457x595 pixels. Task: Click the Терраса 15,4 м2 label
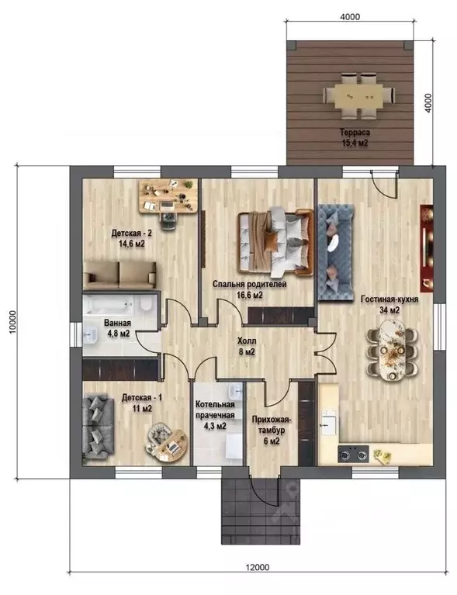point(355,138)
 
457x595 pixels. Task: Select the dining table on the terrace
point(358,95)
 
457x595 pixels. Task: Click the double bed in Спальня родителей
point(275,242)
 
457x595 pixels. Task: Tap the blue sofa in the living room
point(335,252)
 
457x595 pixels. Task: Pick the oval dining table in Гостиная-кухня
point(392,350)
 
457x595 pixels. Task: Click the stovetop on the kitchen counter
point(353,454)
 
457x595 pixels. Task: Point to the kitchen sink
point(329,422)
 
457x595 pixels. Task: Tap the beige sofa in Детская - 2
point(120,275)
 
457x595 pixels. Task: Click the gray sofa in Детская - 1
point(98,427)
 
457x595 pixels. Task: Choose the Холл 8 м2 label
point(247,346)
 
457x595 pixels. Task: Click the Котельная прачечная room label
point(215,410)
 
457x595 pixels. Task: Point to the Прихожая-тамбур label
point(271,425)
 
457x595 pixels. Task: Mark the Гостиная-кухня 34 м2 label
point(389,304)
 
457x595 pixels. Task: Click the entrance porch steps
point(261,511)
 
